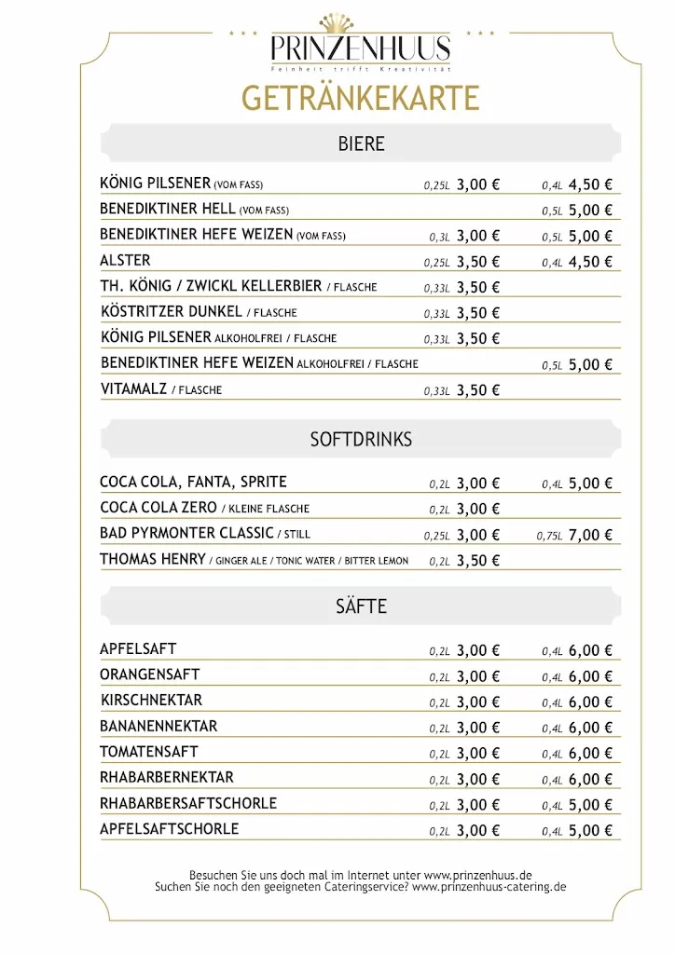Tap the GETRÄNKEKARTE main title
pos(360,98)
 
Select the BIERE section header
pos(361,144)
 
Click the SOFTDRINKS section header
pos(361,439)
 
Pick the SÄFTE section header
pos(361,606)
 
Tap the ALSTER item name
pos(125,261)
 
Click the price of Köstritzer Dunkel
pos(478,313)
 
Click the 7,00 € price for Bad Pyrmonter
pos(590,535)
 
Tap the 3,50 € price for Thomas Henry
pos(478,560)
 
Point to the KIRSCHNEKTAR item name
pos(151,701)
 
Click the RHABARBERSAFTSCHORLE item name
pos(188,803)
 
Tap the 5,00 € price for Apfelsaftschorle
pos(590,830)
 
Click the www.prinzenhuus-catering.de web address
pos(489,888)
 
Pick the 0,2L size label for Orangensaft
pos(439,677)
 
